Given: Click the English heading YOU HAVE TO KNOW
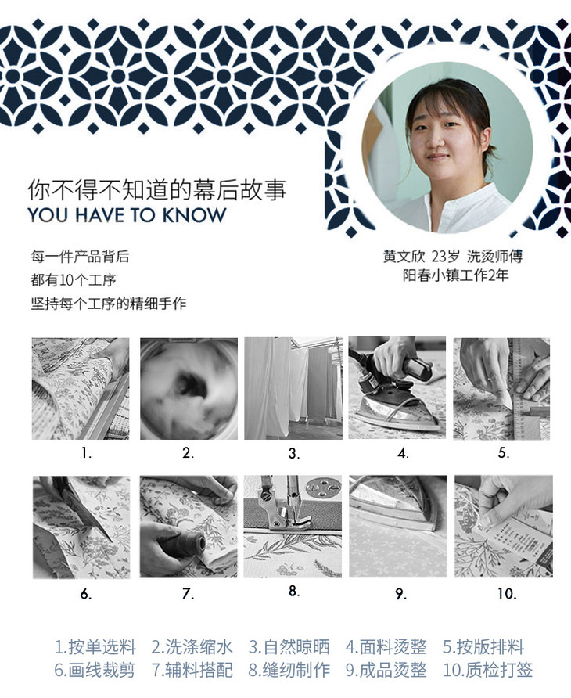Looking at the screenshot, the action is click(x=127, y=215).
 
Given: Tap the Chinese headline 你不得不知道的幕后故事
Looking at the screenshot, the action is click(x=156, y=190).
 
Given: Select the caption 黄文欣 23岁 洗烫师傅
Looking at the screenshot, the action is click(x=453, y=257).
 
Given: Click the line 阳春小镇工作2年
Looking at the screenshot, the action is click(x=455, y=275).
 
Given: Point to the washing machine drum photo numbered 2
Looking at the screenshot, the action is click(x=189, y=389).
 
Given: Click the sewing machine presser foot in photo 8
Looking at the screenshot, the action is click(x=285, y=508).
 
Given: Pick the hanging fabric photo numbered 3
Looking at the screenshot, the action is click(x=293, y=389).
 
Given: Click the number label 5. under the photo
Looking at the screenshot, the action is click(x=504, y=453).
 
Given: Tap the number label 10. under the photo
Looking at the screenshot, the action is click(x=507, y=593).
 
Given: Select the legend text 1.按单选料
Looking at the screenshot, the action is click(x=95, y=647).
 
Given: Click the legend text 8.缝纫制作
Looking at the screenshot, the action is click(x=289, y=670).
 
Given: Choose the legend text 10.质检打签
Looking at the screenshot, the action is click(x=487, y=670).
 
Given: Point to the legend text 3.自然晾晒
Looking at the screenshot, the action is click(x=289, y=647).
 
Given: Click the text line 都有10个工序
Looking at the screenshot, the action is click(x=74, y=280).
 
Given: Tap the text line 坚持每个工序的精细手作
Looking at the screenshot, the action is click(x=108, y=304).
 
